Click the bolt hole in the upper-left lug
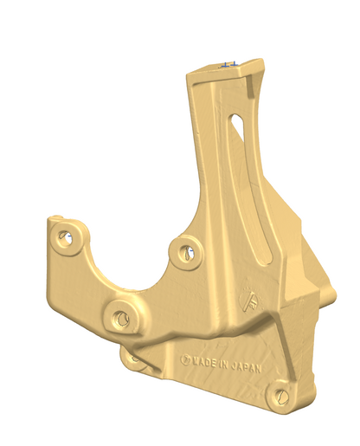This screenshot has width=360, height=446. click(63, 235)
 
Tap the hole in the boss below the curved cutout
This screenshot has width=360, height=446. click(122, 319)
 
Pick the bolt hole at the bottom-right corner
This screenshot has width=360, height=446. click(283, 395)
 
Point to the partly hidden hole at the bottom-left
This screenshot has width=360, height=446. click(132, 355)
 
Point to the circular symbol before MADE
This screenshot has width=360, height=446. click(183, 357)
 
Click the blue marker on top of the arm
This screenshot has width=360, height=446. click(227, 63)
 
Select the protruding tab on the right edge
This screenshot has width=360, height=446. click(326, 294)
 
